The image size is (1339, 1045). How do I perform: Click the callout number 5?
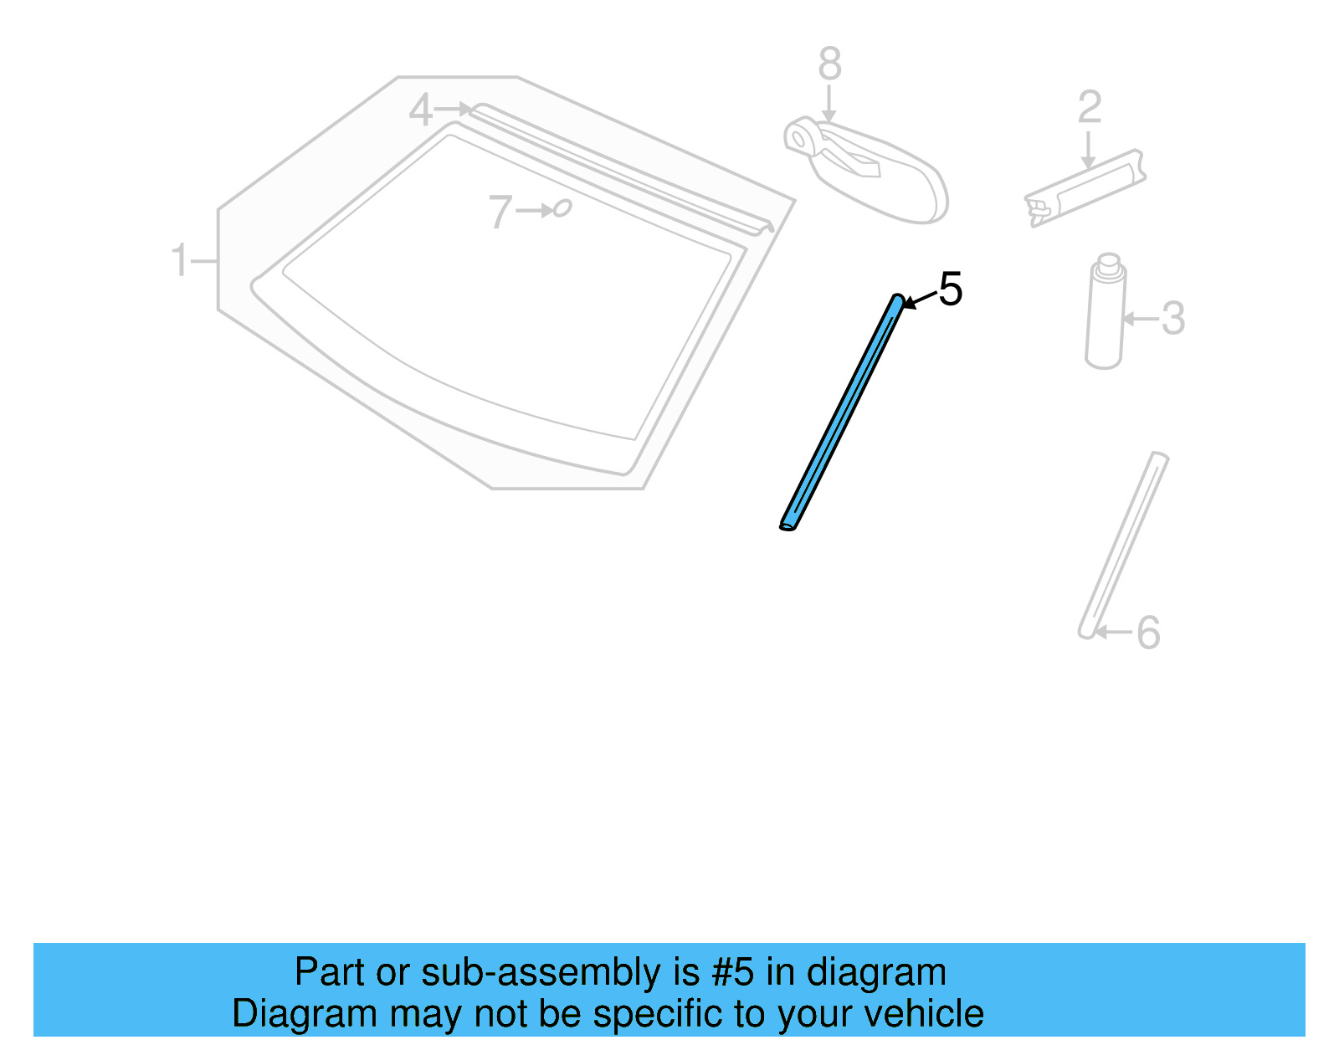pos(950,289)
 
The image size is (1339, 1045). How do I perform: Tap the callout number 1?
pos(179,260)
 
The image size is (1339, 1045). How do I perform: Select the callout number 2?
pos(1089,107)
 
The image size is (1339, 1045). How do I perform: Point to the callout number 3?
pos(1173,319)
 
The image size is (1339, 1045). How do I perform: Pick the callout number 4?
pos(420,110)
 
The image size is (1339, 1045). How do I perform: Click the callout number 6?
pos(1148,633)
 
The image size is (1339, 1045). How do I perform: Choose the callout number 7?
pos(500,212)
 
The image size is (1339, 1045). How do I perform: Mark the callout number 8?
pos(829,64)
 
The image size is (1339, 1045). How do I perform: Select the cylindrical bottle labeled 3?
pos(1105,314)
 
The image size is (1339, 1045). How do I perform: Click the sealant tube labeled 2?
pos(1088,188)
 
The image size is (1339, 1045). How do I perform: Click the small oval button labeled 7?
pos(562,207)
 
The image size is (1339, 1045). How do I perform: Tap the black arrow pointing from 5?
pos(919,300)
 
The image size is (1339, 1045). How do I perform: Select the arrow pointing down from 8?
pos(829,104)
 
